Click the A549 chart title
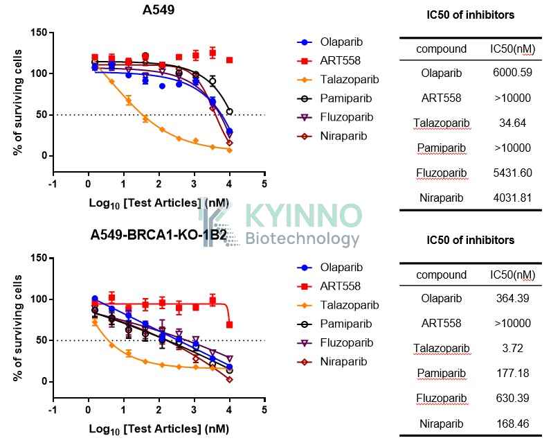[159, 10]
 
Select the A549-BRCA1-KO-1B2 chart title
[159, 235]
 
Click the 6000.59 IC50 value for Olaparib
[512, 73]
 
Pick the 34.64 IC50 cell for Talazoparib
[512, 123]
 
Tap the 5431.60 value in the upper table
[512, 173]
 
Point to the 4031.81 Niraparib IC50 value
[512, 198]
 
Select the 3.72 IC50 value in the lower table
[512, 348]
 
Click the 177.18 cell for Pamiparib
[512, 373]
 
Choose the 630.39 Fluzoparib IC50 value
[512, 398]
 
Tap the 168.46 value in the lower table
[512, 424]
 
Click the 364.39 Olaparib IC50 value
[512, 298]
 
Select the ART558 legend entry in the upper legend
[329, 60]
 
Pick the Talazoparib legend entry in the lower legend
[338, 305]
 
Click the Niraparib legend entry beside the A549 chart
[332, 137]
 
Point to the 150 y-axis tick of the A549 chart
[39, 33]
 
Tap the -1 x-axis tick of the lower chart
[53, 410]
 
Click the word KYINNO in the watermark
[304, 216]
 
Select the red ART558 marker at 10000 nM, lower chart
[230, 325]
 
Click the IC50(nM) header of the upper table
[512, 49]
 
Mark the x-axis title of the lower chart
[159, 429]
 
